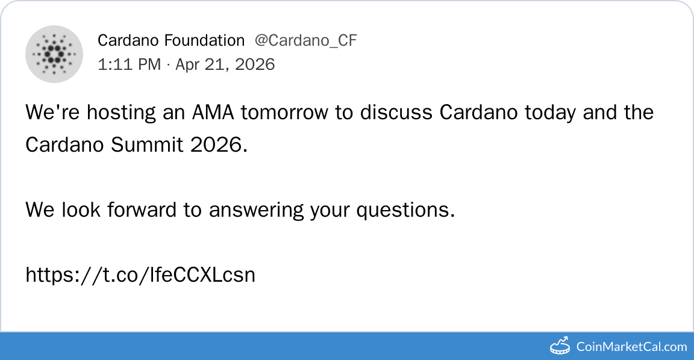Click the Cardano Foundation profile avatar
pos(54,54)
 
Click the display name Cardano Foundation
pos(171,40)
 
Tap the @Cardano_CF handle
pos(305,41)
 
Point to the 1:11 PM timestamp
pos(130,64)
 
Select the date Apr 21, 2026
pos(225,64)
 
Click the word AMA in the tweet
pos(213,113)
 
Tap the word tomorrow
pos(284,113)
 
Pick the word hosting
pos(121,113)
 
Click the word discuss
pos(396,113)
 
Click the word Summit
pos(147,144)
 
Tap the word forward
pos(142,209)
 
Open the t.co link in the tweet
pos(140,275)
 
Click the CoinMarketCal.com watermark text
pos(631,347)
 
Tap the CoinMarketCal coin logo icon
pos(560,346)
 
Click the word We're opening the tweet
pos(52,113)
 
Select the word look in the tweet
pos(81,209)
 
